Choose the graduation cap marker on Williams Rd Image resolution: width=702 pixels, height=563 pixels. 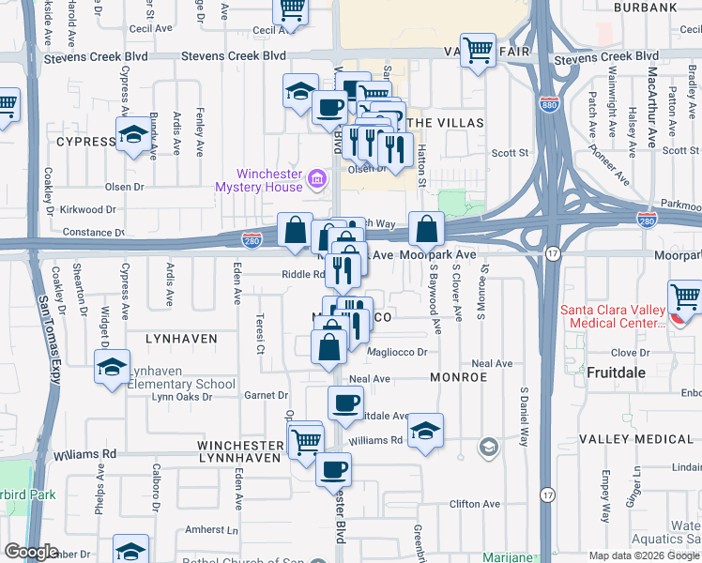pyautogui.click(x=425, y=430)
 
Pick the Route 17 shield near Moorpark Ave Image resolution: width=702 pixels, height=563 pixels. pyautogui.click(x=554, y=254)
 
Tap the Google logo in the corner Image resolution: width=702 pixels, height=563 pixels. pyautogui.click(x=32, y=552)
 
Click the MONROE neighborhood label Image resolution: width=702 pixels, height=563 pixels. pyautogui.click(x=460, y=376)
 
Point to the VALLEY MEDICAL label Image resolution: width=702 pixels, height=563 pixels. pyautogui.click(x=635, y=439)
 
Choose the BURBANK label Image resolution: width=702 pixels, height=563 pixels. pyautogui.click(x=645, y=8)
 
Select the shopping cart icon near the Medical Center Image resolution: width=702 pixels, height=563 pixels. pyautogui.click(x=685, y=298)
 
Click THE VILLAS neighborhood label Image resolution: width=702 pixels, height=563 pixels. pyautogui.click(x=447, y=123)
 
